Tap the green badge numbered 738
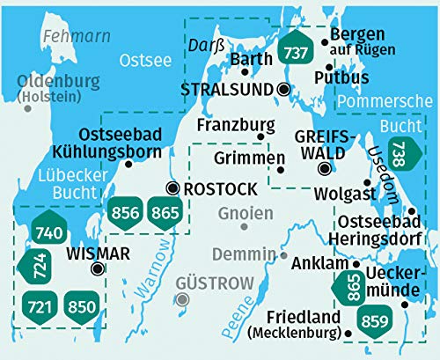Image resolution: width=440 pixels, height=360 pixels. point(400,155)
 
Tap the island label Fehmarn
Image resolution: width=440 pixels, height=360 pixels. point(67,37)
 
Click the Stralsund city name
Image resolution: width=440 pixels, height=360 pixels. point(227,90)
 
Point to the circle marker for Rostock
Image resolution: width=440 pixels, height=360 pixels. point(172,188)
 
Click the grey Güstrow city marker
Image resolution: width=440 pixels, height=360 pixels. point(182,299)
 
